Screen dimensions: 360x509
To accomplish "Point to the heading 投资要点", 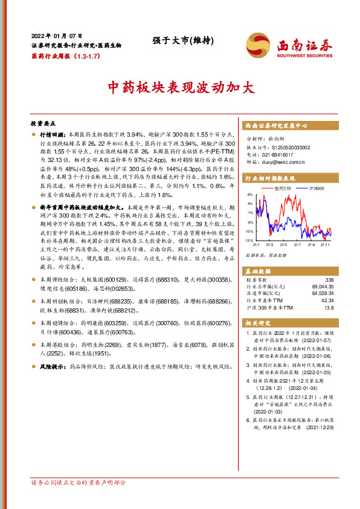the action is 43,122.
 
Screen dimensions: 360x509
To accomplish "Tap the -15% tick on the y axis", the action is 249,240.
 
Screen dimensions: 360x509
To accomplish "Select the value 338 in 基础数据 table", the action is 329,279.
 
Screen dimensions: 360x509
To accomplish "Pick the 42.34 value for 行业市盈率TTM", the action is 326,300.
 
